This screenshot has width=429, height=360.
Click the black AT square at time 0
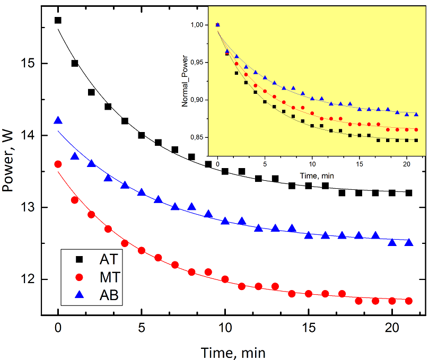click(x=58, y=20)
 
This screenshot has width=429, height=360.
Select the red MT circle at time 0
click(x=58, y=164)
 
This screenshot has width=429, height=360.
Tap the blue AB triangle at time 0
click(x=58, y=121)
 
